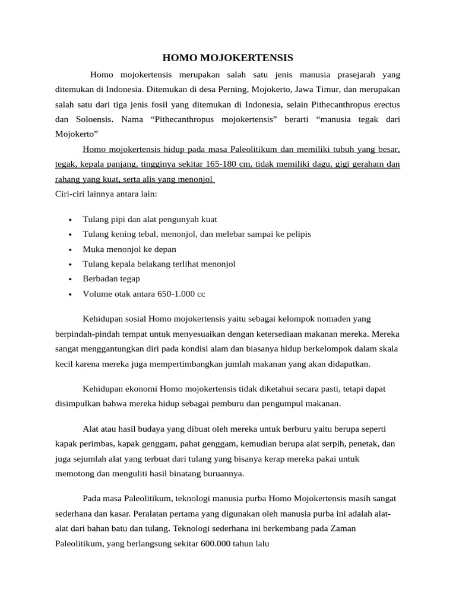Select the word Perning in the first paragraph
[x=227, y=90]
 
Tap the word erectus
[x=384, y=104]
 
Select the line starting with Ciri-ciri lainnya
[x=106, y=194]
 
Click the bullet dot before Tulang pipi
[x=71, y=220]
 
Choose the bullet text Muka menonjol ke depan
[x=129, y=249]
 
